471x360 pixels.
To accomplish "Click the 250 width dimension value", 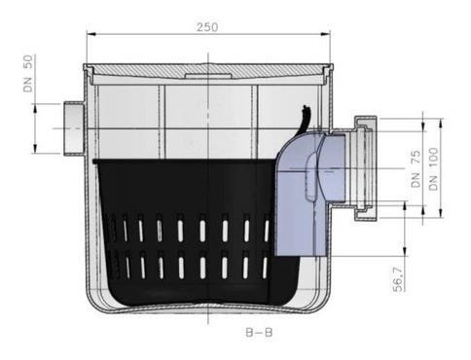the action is [207, 27].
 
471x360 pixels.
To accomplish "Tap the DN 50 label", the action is [28, 73].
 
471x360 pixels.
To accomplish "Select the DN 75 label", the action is [416, 168].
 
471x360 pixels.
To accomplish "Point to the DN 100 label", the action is [433, 168].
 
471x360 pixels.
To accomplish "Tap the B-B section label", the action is [259, 333].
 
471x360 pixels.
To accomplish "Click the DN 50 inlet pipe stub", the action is [74, 128].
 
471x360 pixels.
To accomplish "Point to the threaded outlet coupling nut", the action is [366, 168].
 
